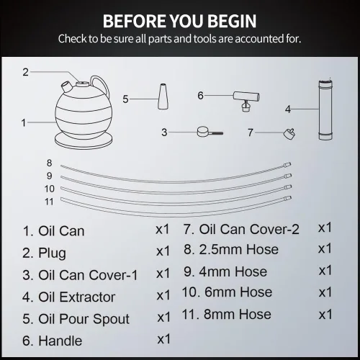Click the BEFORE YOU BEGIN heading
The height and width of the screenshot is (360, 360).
pos(179,21)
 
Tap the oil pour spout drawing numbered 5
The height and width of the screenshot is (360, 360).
pos(163,96)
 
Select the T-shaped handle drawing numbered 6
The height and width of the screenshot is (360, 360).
pos(246,101)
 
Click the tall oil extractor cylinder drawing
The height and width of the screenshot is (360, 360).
pos(325,110)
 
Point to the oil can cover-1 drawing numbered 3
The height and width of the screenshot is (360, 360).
pos(210,132)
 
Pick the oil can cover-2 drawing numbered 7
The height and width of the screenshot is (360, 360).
pos(289,134)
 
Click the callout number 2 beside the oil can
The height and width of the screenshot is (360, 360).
pos(26,72)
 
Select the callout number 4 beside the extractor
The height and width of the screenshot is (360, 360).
pos(288,109)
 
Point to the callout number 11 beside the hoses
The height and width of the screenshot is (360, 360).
pos(49,202)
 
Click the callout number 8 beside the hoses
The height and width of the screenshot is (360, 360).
pos(50,163)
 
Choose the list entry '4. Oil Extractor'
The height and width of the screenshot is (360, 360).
pos(69,297)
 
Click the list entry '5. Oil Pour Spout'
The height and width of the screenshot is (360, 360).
pos(76,319)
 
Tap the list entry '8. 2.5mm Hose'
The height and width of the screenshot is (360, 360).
pos(231,249)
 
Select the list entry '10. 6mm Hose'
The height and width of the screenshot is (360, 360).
pos(227,292)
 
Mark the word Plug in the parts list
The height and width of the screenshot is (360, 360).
pos(52,253)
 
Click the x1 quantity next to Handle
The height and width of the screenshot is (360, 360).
pos(163,339)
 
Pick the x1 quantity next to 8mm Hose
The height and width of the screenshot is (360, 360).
pos(325,315)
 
